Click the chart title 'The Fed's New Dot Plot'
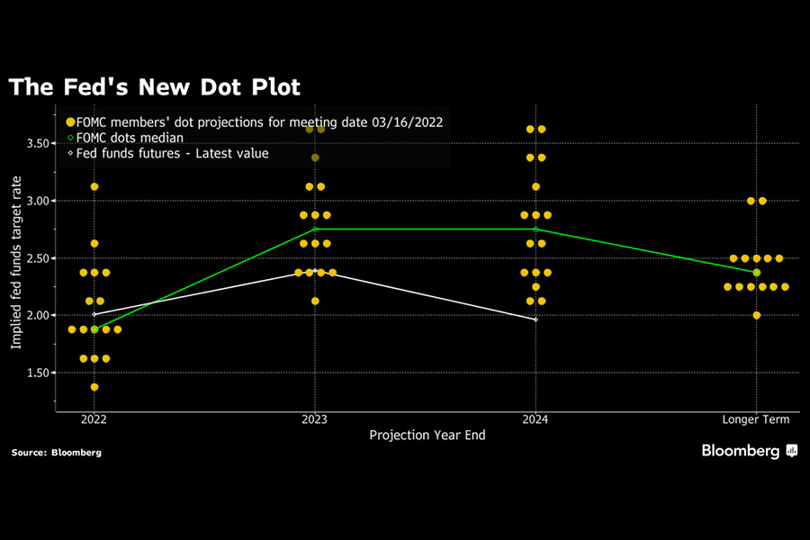154,87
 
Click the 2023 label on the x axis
314,419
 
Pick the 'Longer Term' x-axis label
756,419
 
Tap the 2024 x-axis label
535,419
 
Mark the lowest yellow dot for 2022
94,387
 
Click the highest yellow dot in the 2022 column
94,186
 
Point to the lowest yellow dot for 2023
314,301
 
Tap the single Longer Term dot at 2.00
756,315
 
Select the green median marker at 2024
535,229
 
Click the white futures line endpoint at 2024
535,319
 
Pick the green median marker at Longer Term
756,272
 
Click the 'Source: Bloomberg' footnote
56,453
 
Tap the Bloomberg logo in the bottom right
750,452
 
